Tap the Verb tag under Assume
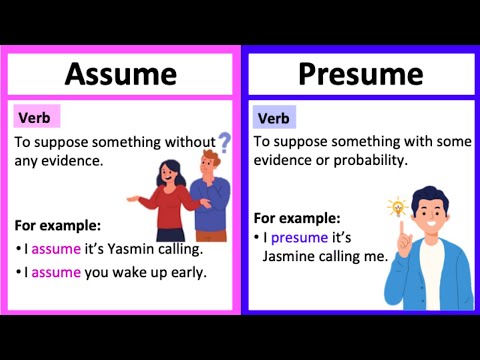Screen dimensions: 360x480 [37, 117]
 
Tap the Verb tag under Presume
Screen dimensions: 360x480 [274, 117]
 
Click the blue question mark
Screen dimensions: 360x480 [224, 142]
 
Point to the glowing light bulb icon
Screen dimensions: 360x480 [397, 207]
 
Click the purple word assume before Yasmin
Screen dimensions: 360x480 [50, 249]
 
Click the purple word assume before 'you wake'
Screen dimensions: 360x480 [50, 272]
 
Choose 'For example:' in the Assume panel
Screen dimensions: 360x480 [58, 225]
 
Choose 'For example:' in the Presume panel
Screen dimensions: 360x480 [297, 217]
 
